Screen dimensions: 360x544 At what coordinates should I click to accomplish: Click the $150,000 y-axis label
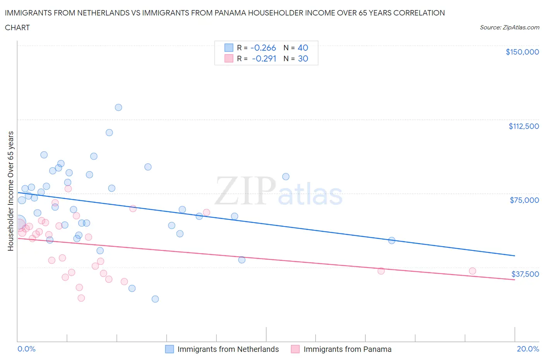[522, 52]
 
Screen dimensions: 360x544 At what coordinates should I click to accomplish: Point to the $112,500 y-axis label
[523, 126]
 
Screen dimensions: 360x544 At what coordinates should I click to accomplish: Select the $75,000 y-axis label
[524, 200]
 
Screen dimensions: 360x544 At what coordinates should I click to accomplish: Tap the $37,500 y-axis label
[525, 274]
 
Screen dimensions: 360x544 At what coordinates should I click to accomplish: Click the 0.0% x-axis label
[26, 349]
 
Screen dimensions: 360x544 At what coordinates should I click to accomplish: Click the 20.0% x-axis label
[528, 349]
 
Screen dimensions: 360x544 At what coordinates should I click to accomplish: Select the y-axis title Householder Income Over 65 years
[10, 191]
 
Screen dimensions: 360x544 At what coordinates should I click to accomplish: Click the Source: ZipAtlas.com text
[509, 27]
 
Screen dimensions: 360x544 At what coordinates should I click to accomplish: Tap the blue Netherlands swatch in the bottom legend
[169, 349]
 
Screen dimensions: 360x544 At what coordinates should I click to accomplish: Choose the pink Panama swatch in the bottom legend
[295, 349]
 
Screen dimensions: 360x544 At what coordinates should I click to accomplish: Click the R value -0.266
[263, 48]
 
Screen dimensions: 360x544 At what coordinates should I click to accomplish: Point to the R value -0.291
[264, 58]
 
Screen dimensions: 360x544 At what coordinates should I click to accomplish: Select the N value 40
[303, 48]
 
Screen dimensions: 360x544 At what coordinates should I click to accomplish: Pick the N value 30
[303, 58]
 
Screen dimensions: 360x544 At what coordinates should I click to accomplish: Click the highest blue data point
[118, 107]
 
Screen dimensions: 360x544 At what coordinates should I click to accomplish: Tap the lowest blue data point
[155, 299]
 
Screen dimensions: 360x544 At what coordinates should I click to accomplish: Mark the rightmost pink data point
[472, 271]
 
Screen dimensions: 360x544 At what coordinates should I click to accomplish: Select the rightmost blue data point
[392, 240]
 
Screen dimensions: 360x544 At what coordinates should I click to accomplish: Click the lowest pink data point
[81, 298]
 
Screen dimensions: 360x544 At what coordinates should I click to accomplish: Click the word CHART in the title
[17, 27]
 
